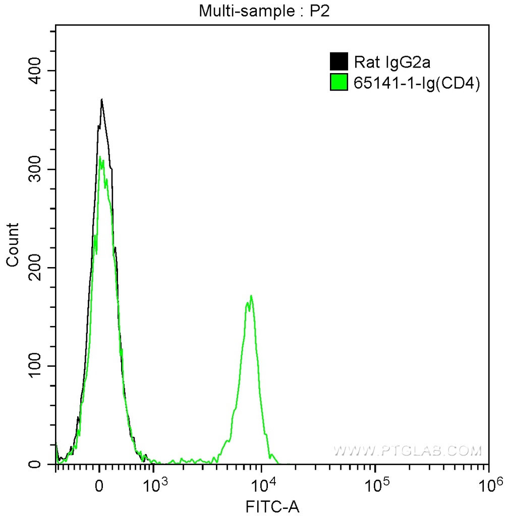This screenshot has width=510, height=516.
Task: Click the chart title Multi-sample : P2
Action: (264, 11)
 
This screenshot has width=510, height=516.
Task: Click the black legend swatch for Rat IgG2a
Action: (338, 62)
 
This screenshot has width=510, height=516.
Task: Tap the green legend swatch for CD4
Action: (338, 82)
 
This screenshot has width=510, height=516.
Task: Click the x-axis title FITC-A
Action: (272, 506)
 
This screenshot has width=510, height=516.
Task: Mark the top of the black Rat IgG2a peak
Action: (102, 100)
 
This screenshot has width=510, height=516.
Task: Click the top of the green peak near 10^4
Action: (251, 296)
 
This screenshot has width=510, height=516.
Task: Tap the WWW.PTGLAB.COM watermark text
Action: (408, 450)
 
